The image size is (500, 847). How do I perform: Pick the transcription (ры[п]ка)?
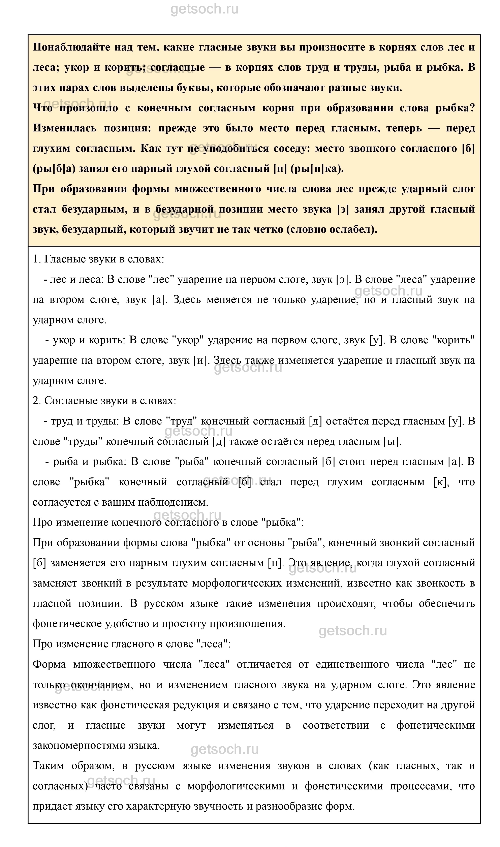tap(316, 169)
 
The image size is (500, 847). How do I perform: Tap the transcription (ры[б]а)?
tap(54, 169)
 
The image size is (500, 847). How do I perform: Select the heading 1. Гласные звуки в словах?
tap(98, 259)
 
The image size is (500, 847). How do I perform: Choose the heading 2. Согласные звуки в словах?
tap(104, 401)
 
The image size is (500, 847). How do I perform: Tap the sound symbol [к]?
tap(441, 482)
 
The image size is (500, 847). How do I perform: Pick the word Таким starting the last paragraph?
tap(48, 766)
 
